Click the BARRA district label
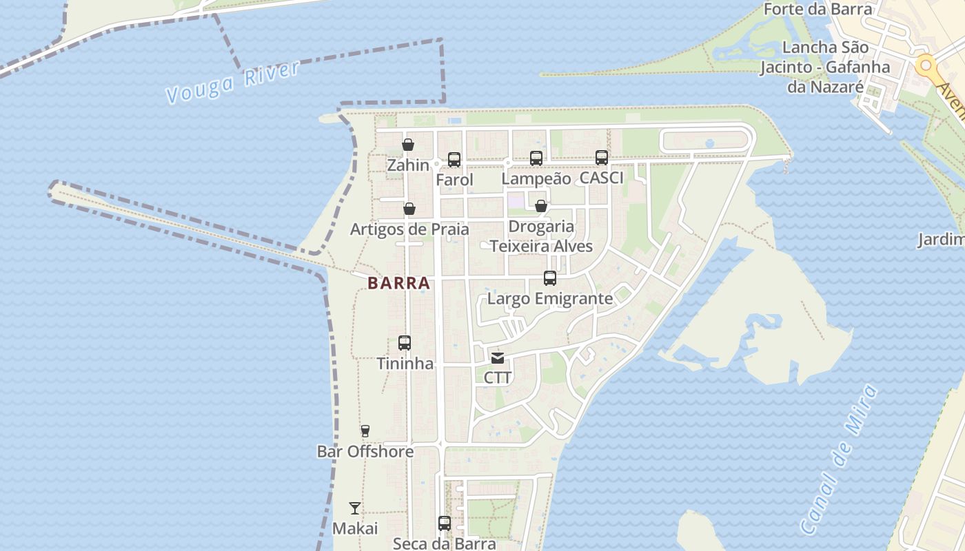(398, 283)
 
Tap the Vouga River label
(233, 82)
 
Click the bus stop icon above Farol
(454, 160)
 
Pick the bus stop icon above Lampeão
(536, 158)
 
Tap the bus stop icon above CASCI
(602, 158)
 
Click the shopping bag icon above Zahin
(408, 145)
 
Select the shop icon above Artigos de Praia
(409, 209)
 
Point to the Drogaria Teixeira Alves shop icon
(541, 206)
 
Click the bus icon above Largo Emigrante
(549, 278)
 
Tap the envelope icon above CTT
(498, 358)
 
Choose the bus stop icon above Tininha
(405, 343)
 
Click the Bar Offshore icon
(365, 431)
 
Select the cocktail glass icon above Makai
(355, 508)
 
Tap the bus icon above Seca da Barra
(445, 523)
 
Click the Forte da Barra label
(817, 9)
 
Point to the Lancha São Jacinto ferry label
(825, 67)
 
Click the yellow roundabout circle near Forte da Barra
(926, 66)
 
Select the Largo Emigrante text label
(549, 299)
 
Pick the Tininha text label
(405, 364)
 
